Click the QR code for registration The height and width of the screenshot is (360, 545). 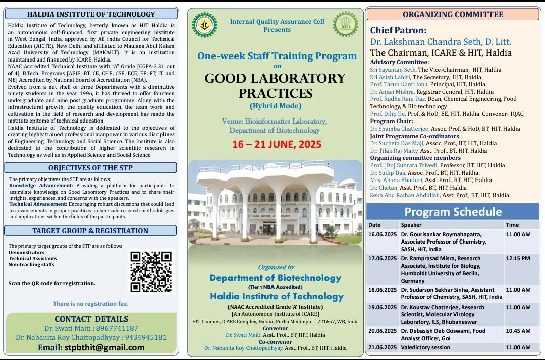pyautogui.click(x=151, y=272)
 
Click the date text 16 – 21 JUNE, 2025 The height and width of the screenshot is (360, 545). pyautogui.click(x=277, y=145)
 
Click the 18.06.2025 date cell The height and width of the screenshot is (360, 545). pyautogui.click(x=382, y=290)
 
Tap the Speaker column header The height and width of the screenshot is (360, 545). pyautogui.click(x=411, y=225)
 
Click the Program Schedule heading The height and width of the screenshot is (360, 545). pyautogui.click(x=453, y=211)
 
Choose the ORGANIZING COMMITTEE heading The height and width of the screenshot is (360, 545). pyautogui.click(x=453, y=14)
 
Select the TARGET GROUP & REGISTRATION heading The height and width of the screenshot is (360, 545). pyautogui.click(x=90, y=231)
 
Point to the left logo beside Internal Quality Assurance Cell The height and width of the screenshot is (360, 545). pyautogui.click(x=204, y=25)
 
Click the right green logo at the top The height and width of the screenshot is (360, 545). pyautogui.click(x=345, y=25)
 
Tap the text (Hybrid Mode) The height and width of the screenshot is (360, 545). pyautogui.click(x=276, y=106)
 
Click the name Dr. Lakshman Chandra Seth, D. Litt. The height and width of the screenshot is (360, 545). pyautogui.click(x=441, y=42)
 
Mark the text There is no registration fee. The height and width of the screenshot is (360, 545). pyautogui.click(x=91, y=304)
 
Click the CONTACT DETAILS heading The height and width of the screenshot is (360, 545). pyautogui.click(x=91, y=319)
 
